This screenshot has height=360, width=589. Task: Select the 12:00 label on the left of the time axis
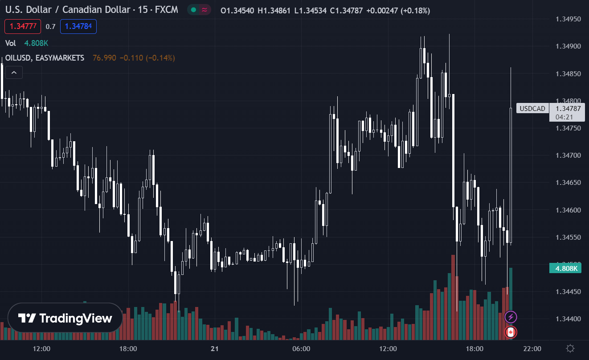41,348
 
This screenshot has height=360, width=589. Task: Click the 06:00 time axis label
301,348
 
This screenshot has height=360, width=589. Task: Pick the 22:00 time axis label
532,348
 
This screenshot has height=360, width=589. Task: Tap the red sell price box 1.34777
23,26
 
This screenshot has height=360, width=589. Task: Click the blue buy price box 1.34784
78,26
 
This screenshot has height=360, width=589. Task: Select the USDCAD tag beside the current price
533,108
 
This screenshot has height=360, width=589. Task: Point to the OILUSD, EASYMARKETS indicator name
45,58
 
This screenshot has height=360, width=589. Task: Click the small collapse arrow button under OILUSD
14,73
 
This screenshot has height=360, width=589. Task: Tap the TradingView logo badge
65,318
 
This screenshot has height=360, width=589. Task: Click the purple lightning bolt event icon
511,317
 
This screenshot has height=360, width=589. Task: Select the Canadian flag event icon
511,332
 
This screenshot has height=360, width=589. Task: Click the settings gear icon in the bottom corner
570,348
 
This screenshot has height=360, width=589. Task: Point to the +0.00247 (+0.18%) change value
398,11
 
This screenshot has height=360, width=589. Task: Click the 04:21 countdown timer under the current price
564,117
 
